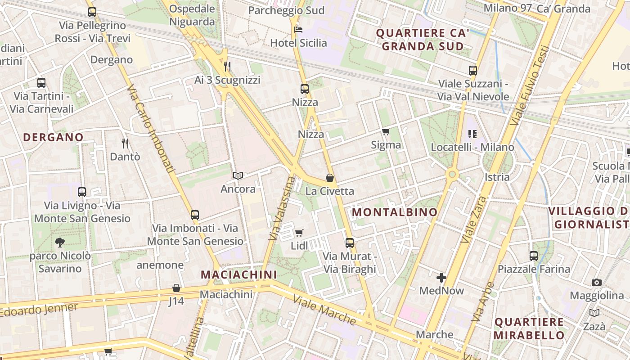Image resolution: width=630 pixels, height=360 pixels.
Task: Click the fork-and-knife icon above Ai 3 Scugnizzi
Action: [227, 67]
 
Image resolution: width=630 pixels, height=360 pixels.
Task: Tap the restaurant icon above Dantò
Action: [125, 144]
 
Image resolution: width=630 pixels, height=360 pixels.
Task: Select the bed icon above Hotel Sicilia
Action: [298, 30]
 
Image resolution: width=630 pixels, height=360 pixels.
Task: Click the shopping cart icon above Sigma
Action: [386, 131]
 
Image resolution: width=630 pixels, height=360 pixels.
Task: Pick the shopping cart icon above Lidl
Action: [299, 233]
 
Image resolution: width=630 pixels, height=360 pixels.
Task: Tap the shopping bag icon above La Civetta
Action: [330, 178]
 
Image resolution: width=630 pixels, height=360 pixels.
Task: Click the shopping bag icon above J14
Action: [176, 288]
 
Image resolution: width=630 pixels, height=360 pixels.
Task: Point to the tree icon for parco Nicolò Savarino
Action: [59, 243]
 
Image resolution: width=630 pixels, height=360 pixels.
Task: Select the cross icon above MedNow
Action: [441, 278]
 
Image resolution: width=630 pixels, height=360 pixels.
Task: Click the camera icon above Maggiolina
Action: [597, 282]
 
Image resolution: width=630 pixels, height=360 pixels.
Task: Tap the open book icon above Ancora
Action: [238, 175]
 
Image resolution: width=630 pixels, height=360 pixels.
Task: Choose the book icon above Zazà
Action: [594, 313]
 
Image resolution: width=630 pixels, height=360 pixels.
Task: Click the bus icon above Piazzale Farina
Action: [534, 256]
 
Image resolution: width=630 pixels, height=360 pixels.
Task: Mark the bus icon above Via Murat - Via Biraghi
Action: [350, 243]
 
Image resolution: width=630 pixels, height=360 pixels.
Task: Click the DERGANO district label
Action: [53, 137]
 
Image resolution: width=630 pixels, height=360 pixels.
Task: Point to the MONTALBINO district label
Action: [395, 212]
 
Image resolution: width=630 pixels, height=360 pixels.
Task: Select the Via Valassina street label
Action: [280, 208]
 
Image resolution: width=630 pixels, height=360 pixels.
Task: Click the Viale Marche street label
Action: [324, 310]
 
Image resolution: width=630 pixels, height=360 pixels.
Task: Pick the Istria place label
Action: [497, 177]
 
